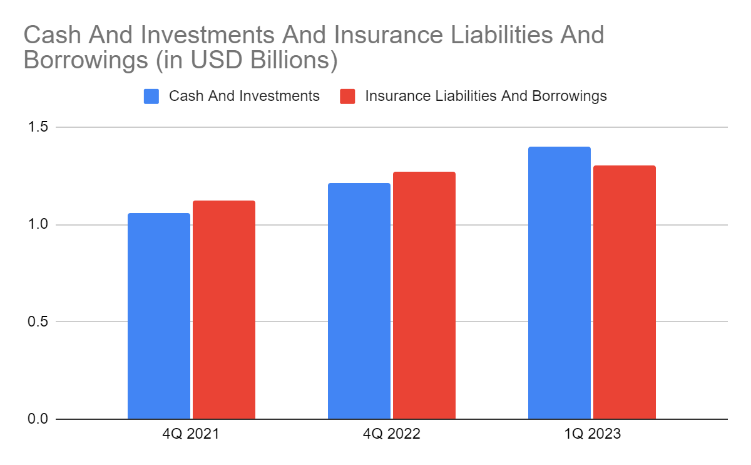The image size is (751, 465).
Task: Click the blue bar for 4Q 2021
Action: [x=159, y=316]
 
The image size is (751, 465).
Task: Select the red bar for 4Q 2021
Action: [x=224, y=310]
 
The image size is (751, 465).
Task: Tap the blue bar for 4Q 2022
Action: [x=359, y=301]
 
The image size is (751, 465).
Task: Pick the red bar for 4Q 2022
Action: [x=424, y=295]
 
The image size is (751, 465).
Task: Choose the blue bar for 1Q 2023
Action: [x=559, y=283]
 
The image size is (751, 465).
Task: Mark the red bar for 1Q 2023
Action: [x=625, y=292]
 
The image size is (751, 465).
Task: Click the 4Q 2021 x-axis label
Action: [x=191, y=434]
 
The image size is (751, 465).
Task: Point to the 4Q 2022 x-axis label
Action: [x=391, y=434]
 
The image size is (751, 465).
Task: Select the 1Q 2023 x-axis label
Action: [x=591, y=434]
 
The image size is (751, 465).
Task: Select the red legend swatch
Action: [x=347, y=97]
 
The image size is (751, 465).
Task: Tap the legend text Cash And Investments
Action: [x=244, y=97]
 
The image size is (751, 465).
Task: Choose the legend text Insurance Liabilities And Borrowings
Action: [x=486, y=97]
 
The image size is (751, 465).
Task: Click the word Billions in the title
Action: [x=285, y=61]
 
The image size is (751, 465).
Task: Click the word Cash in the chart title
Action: [x=51, y=34]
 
